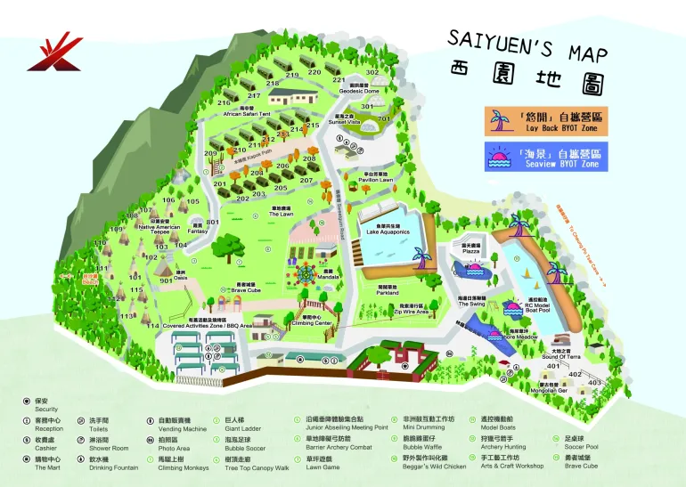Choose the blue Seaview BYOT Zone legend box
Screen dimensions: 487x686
pyautogui.click(x=545, y=157)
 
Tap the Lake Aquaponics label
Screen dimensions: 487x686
pyautogui.click(x=388, y=231)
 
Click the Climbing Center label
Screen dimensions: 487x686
pyautogui.click(x=310, y=323)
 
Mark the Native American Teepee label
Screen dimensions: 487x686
pyautogui.click(x=160, y=227)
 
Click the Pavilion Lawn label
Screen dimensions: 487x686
pyautogui.click(x=376, y=180)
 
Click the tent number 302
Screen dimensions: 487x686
pyautogui.click(x=372, y=72)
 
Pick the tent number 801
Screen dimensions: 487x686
pyautogui.click(x=213, y=222)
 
